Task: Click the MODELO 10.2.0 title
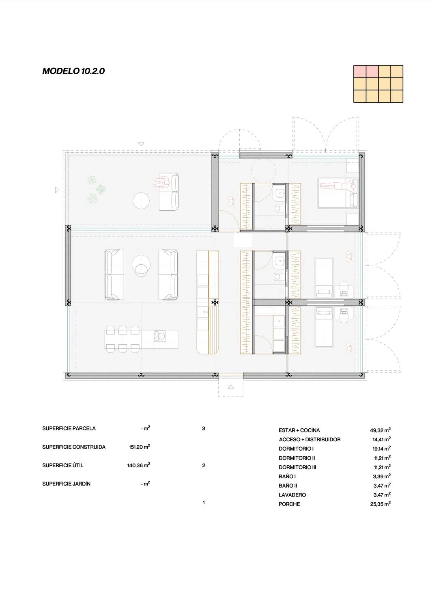73,71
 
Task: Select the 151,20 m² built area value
140,447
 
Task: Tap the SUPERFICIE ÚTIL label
63,465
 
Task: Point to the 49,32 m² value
380,430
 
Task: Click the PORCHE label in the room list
289,504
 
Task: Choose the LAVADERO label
292,495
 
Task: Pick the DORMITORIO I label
296,449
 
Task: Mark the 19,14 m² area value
381,448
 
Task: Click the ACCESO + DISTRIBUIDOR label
310,439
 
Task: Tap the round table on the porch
141,201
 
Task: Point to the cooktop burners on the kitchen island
159,336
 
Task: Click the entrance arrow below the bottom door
231,387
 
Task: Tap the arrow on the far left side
57,190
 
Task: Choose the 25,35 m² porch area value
380,504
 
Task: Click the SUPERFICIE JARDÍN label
66,484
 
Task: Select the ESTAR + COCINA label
299,430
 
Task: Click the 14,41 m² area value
381,439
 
